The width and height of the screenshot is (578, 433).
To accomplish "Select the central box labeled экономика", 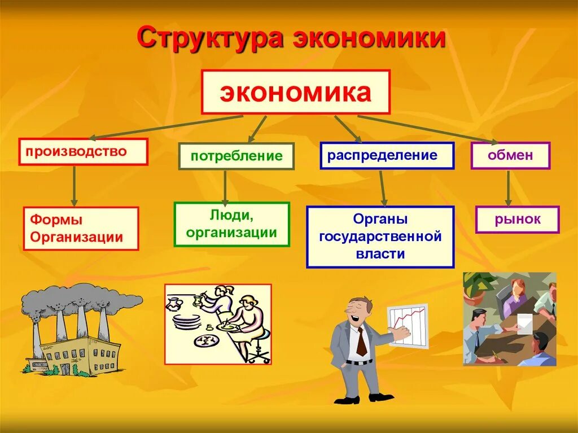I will pyautogui.click(x=296, y=92).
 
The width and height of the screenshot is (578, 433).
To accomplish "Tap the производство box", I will pyautogui.click(x=83, y=152).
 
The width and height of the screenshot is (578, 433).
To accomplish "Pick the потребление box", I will pyautogui.click(x=236, y=156).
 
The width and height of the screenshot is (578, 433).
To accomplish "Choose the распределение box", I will pyautogui.click(x=387, y=155).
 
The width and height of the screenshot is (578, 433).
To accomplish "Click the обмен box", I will pyautogui.click(x=510, y=155).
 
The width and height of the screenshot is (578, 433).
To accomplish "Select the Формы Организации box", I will pyautogui.click(x=81, y=228).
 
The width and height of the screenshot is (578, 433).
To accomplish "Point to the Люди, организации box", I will pyautogui.click(x=231, y=224).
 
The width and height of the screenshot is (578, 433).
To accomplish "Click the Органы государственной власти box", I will pyautogui.click(x=380, y=237).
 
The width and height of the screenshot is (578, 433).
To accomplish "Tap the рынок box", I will pyautogui.click(x=517, y=220).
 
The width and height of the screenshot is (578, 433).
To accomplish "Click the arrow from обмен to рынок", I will pyautogui.click(x=508, y=187).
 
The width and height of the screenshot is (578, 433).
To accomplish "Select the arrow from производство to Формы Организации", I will pyautogui.click(x=74, y=186).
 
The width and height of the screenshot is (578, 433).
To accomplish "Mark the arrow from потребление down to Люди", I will pyautogui.click(x=225, y=186).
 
